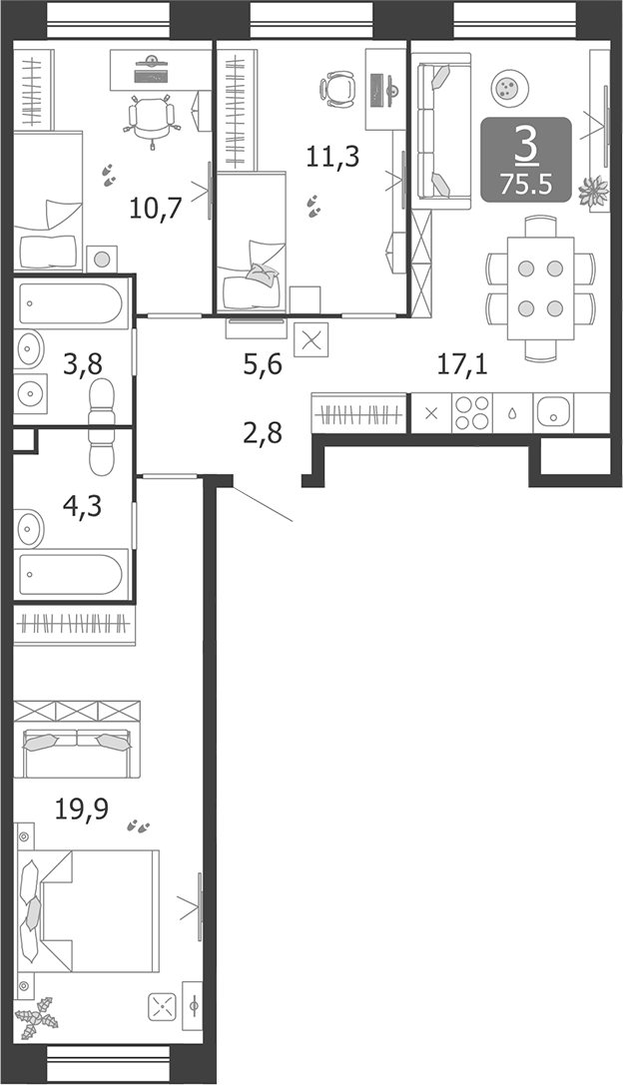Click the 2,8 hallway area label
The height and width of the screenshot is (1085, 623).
(262, 433)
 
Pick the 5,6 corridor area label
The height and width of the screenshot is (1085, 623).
(263, 364)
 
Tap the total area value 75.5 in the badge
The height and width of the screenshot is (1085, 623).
(525, 184)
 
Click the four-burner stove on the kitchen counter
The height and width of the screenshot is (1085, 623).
(471, 413)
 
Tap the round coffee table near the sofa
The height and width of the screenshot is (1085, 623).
(508, 87)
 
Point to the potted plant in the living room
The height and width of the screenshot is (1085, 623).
(595, 191)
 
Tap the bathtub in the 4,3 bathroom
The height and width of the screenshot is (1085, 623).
(74, 575)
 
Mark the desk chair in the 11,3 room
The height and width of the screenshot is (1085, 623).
(339, 87)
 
